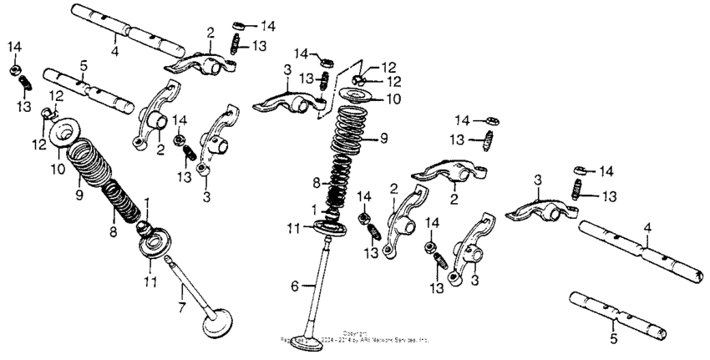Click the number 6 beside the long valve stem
(x=293, y=286)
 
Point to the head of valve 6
(x=312, y=343)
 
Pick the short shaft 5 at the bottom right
(x=617, y=314)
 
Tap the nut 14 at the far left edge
(x=15, y=69)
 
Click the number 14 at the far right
(x=606, y=171)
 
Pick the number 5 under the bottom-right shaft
(x=613, y=340)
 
